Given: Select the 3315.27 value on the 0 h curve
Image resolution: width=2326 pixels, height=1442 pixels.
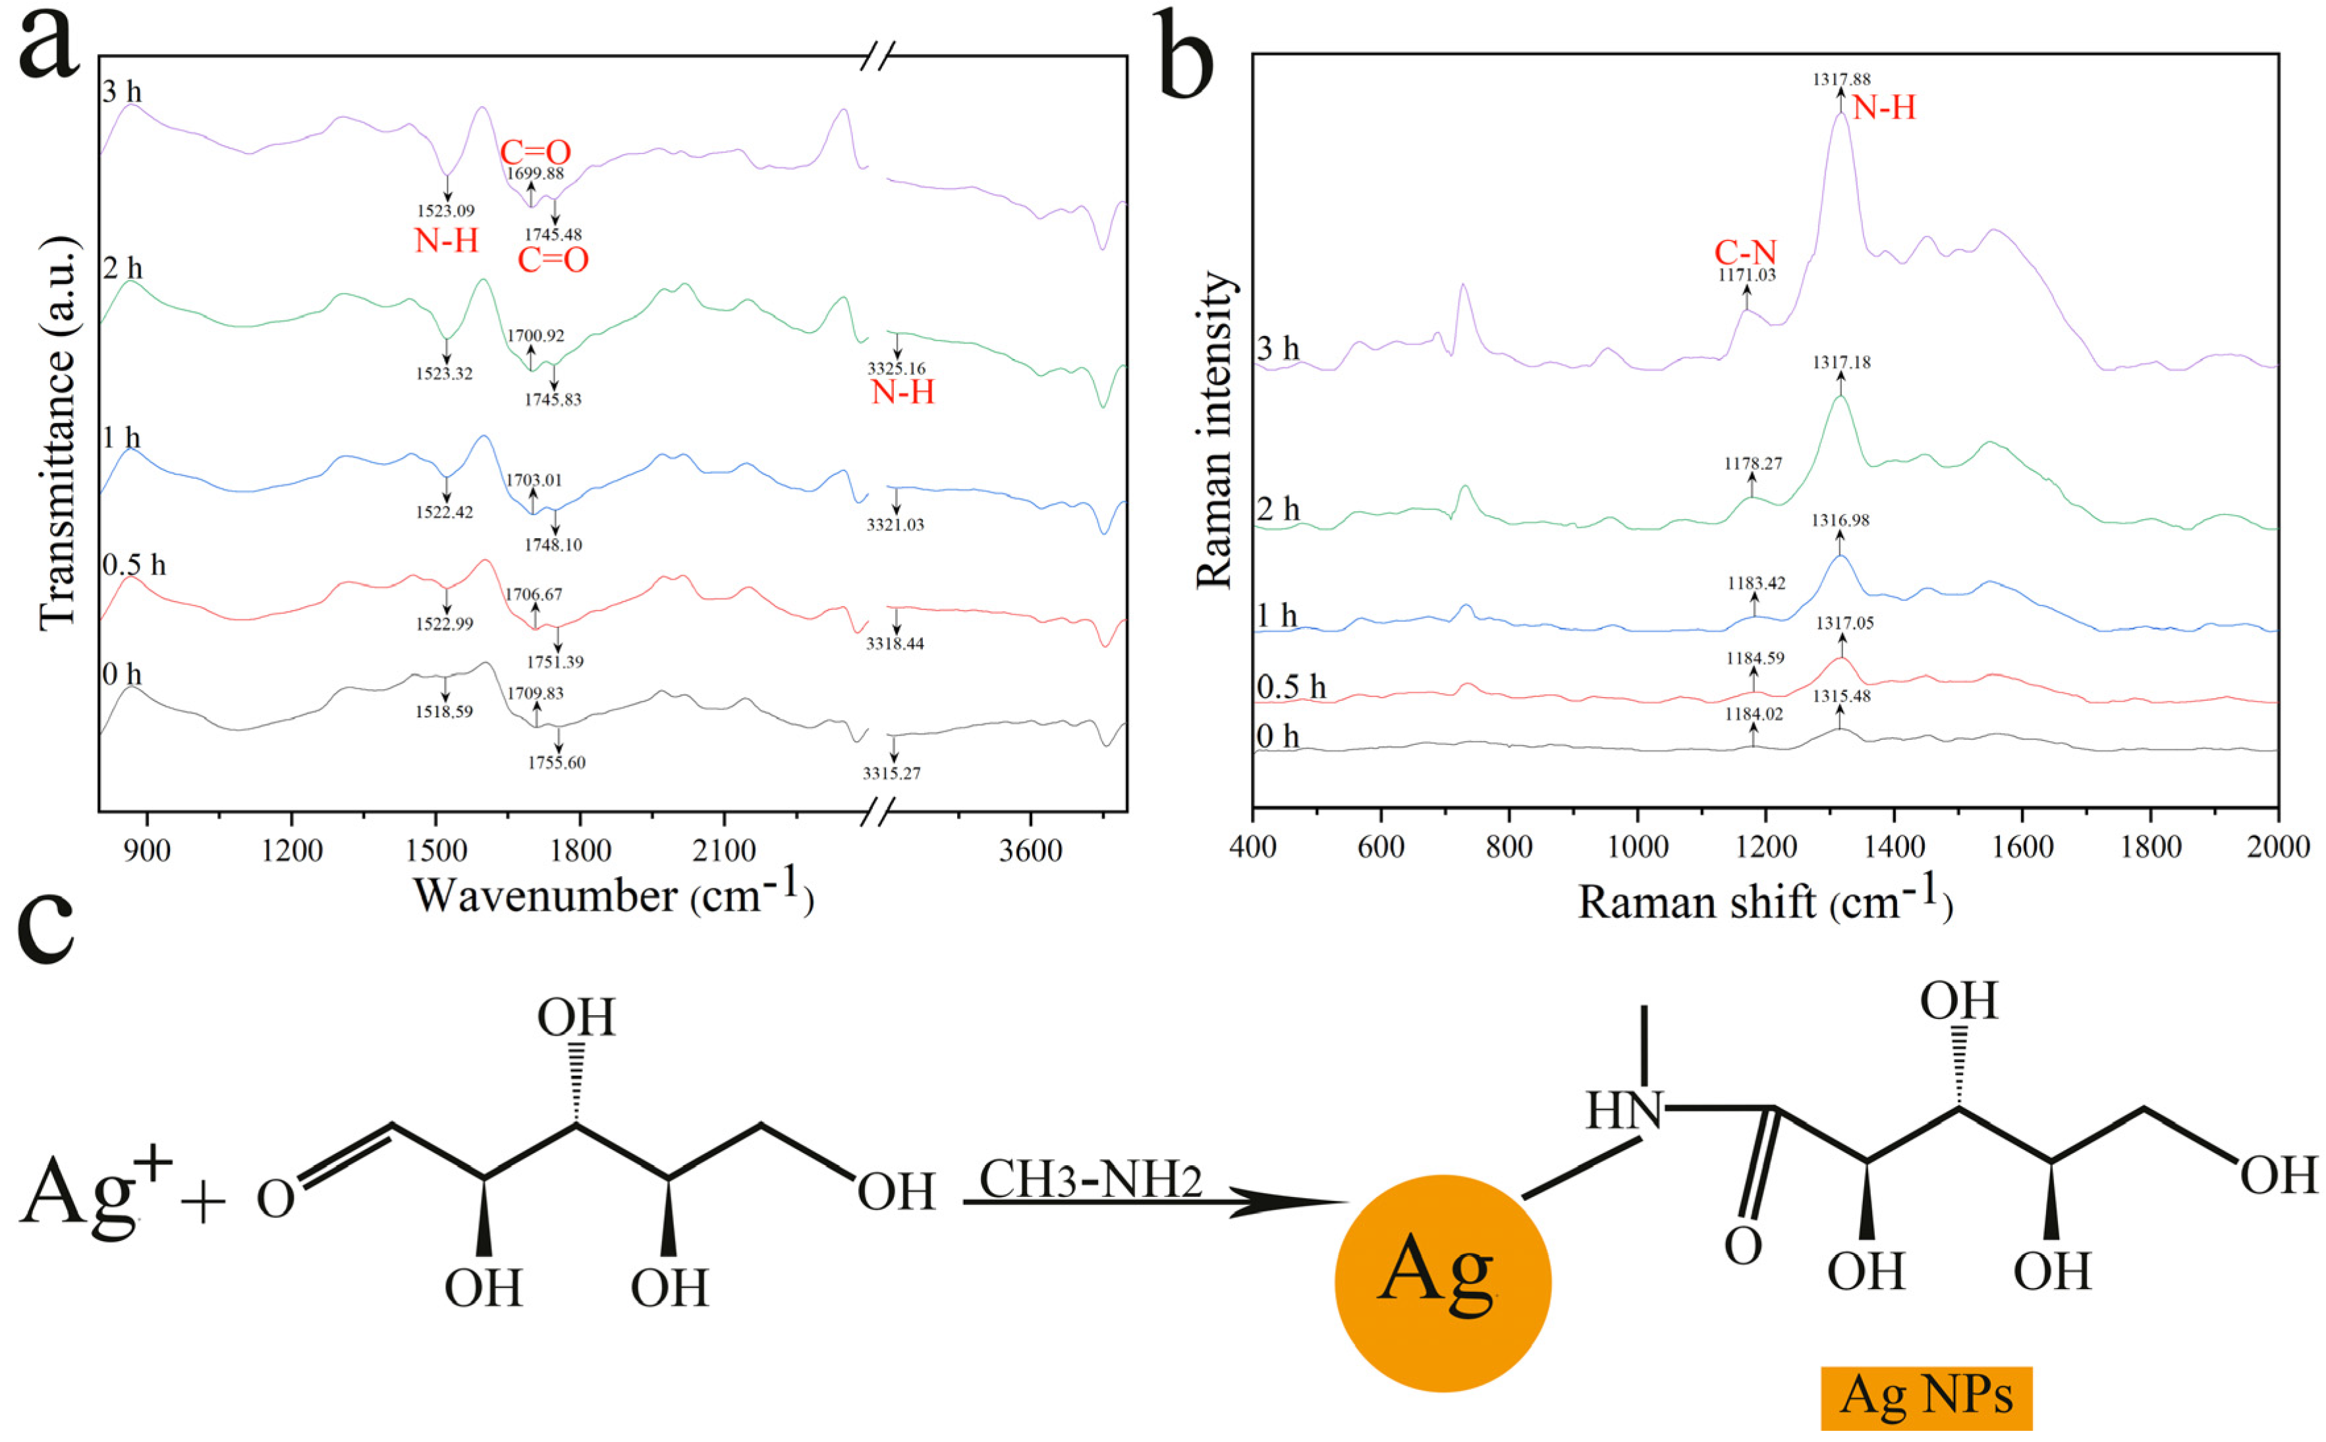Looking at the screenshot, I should (x=892, y=773).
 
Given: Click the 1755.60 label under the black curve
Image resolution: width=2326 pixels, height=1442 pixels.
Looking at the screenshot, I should (x=556, y=763).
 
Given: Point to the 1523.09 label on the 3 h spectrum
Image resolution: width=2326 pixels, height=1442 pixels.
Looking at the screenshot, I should (x=445, y=211).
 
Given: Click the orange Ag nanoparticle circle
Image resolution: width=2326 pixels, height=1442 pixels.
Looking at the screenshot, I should (x=1442, y=1283).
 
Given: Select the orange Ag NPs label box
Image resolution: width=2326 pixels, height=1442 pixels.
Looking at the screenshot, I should (x=1925, y=1398).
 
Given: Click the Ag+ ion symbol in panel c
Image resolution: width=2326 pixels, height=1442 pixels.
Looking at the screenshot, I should (x=96, y=1194).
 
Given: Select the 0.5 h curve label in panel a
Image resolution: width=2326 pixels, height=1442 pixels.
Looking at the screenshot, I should (x=134, y=566).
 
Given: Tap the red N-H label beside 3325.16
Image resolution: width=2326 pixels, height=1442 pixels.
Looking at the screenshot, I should (x=902, y=392).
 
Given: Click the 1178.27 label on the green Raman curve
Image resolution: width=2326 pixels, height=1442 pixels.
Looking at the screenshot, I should (x=1753, y=464).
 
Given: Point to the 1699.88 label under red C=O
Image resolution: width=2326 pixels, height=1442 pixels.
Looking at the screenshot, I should (x=535, y=173).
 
